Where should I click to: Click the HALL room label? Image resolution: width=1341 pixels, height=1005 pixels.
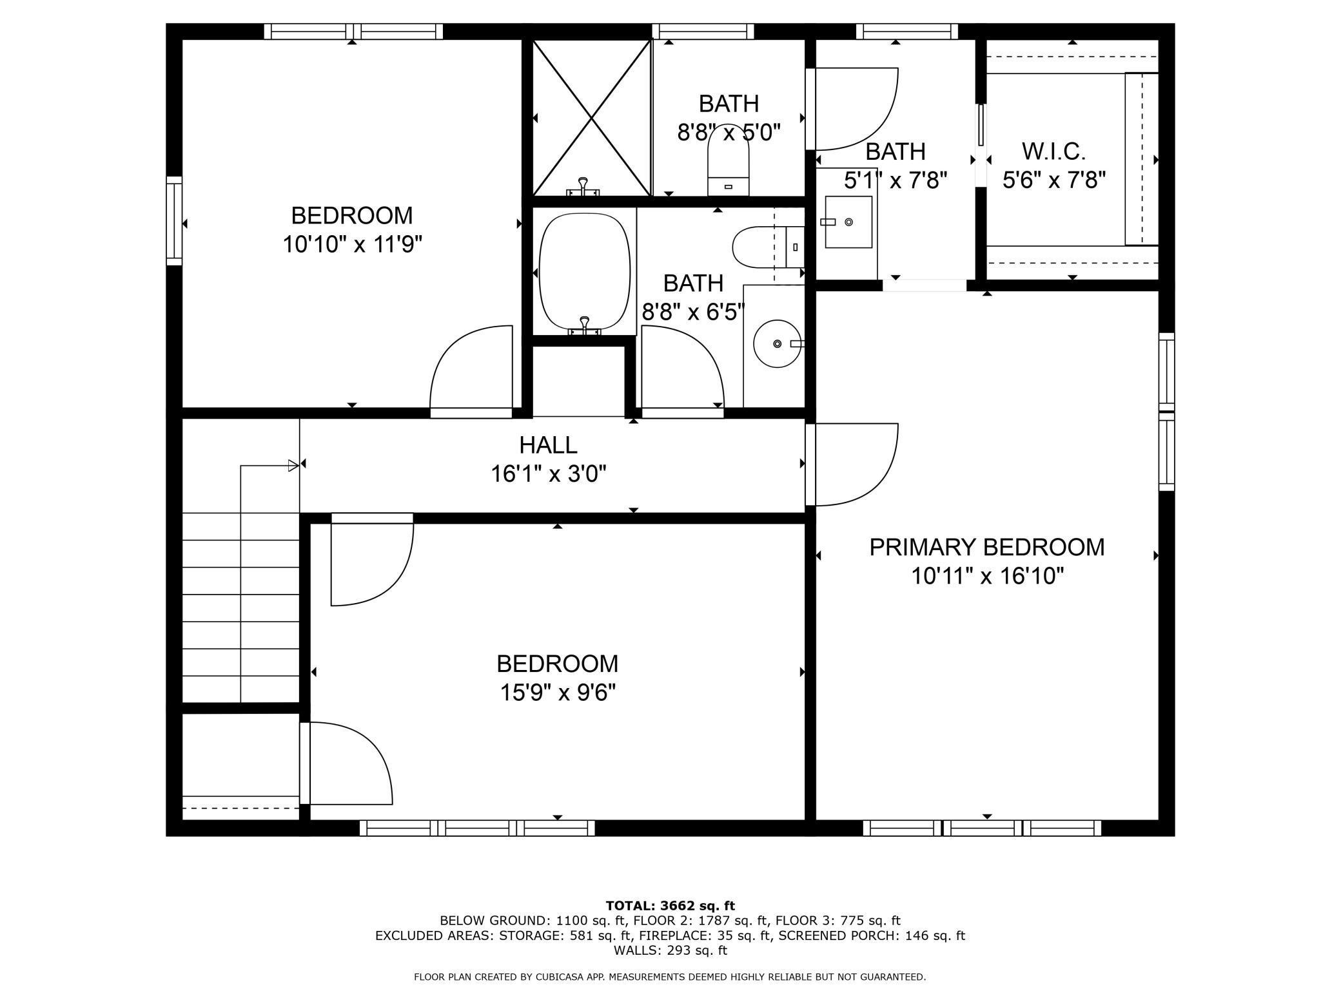[548, 445]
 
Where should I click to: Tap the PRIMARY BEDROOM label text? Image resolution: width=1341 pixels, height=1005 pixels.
[986, 547]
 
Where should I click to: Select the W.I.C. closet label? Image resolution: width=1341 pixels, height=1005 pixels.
[1054, 151]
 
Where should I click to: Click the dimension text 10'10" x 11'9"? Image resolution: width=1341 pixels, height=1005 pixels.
[353, 244]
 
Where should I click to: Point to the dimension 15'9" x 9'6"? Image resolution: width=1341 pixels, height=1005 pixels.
[558, 693]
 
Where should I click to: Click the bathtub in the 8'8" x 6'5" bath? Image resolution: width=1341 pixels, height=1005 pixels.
[584, 273]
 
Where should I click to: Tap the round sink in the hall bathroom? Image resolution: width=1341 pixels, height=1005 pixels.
[778, 343]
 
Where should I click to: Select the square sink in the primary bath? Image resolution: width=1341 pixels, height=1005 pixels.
[848, 222]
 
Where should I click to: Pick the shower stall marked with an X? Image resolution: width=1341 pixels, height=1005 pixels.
[592, 117]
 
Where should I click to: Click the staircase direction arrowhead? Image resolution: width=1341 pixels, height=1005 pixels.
[293, 465]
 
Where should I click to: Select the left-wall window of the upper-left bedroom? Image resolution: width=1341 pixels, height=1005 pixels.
[174, 220]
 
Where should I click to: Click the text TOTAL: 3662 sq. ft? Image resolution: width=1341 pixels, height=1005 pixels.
[670, 906]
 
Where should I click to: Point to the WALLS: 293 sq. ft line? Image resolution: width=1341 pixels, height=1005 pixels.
[670, 950]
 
